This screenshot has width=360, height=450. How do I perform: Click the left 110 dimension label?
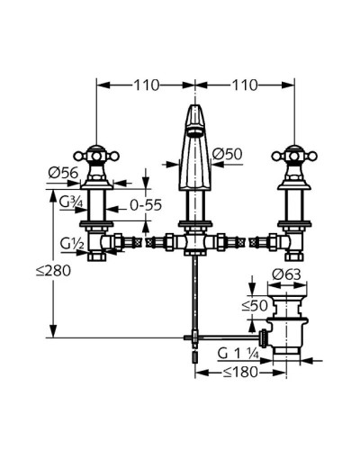coord(146,85)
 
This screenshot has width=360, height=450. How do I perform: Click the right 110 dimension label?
coord(244,85)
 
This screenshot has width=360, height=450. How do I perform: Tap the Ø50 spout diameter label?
coord(227,154)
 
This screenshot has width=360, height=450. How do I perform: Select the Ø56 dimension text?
coord(63,173)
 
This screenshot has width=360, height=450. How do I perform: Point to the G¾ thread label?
coord(71,202)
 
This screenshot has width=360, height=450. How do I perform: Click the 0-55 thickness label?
coord(146,205)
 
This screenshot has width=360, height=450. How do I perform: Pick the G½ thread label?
coord(72,243)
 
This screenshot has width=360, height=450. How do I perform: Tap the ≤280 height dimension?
coord(53,271)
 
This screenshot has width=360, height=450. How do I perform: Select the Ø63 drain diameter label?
coord(286,274)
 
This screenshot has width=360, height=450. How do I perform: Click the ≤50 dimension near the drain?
coord(255,306)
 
